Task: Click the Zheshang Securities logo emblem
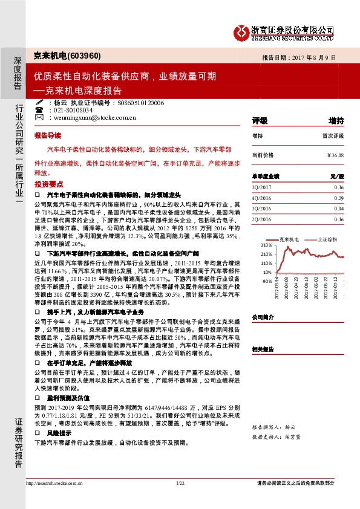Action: tap(243, 31)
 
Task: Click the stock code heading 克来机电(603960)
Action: tap(67, 56)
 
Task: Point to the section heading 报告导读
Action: tap(47, 137)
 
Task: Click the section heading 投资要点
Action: tap(47, 183)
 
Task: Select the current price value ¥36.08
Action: tap(335, 155)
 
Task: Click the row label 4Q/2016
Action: tap(262, 198)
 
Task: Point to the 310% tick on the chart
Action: tap(266, 245)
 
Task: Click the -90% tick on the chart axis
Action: tap(266, 281)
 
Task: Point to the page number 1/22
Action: tap(180, 482)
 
